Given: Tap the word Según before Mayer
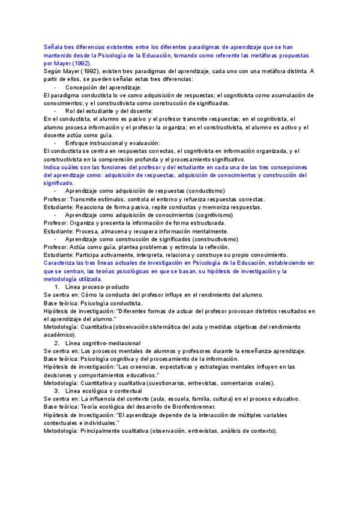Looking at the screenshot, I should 54,71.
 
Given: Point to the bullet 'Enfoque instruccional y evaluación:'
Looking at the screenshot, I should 112,143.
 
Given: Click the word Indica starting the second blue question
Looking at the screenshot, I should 53,167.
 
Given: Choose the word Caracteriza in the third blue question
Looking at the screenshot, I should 61,263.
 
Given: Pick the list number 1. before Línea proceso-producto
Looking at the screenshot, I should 57,288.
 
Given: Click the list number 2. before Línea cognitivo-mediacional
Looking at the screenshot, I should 57,343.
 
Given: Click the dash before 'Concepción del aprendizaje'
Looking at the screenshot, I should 55,87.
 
